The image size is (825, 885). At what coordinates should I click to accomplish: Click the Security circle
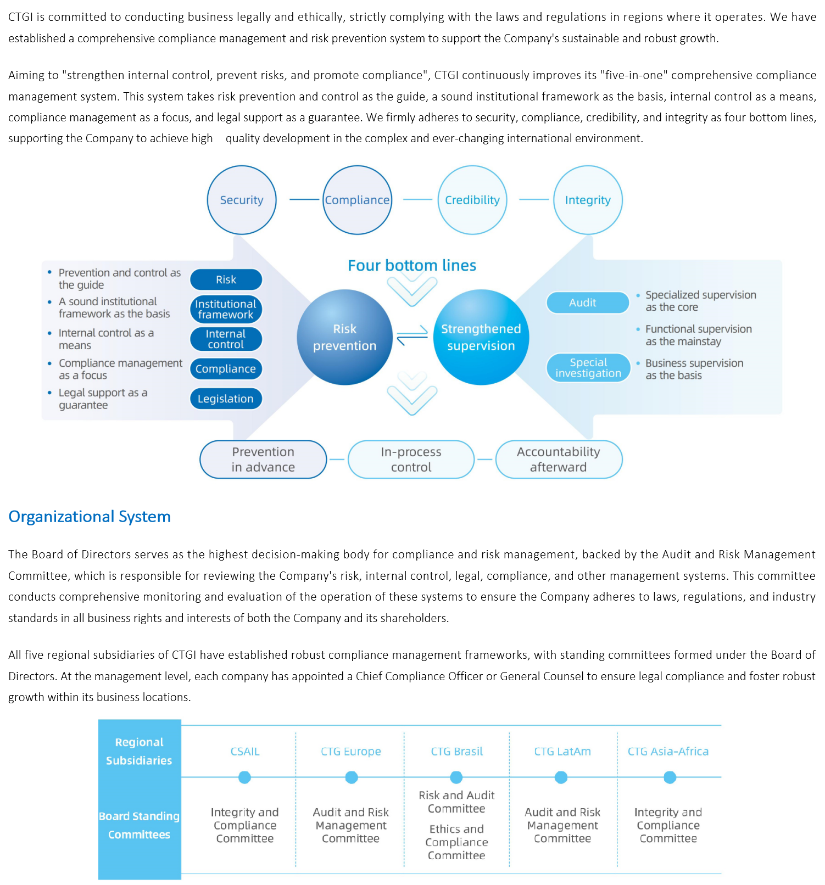[x=242, y=200]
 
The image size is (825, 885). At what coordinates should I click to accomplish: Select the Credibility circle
[x=472, y=200]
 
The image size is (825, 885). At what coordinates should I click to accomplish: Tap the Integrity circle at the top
[x=588, y=200]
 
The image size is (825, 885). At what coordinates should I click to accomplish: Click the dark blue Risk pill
[x=226, y=279]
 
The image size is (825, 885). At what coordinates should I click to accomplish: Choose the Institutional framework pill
[x=226, y=309]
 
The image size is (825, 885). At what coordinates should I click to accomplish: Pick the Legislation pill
[x=226, y=399]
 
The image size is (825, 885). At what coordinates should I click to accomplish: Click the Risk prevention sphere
[x=344, y=337]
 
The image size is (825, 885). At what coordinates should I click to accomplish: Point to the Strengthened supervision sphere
[x=481, y=337]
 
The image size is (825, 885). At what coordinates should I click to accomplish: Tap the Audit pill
[x=587, y=303]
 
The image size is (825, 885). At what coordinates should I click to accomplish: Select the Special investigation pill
[x=588, y=368]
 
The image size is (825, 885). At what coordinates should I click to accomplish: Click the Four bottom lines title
[x=412, y=266]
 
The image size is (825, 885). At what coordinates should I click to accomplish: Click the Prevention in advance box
[x=263, y=460]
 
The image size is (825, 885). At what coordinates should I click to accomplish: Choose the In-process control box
[x=411, y=460]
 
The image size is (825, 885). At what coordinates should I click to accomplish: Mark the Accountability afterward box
[x=559, y=460]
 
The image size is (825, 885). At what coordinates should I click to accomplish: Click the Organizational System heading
[x=90, y=517]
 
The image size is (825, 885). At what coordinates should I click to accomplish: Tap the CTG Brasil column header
[x=456, y=751]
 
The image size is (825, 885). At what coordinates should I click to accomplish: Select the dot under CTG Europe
[x=352, y=777]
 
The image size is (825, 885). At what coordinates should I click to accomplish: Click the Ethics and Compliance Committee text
[x=456, y=842]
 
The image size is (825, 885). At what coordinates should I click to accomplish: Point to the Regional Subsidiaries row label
[x=139, y=751]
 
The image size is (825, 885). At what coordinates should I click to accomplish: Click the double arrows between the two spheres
[x=412, y=335]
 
